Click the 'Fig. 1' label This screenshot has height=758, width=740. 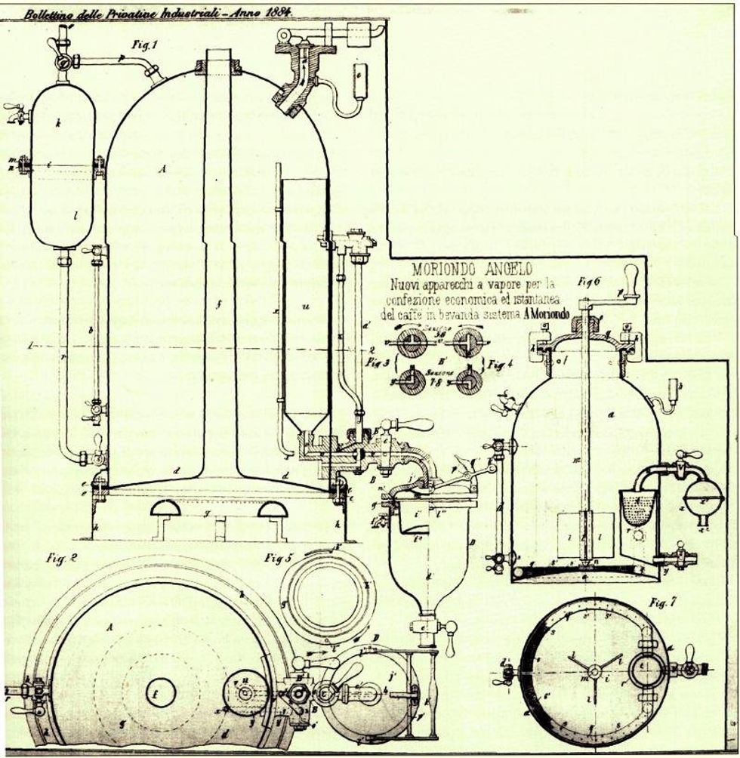coord(143,45)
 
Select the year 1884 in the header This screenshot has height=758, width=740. coord(276,13)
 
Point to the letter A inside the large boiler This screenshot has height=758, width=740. coord(162,171)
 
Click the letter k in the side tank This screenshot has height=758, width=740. coord(58,120)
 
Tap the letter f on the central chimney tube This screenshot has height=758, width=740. coord(217,306)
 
